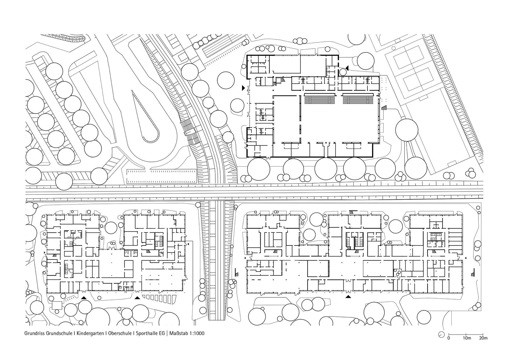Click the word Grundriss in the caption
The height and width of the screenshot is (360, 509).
pos(35,333)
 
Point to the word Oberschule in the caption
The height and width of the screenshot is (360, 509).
pos(120,333)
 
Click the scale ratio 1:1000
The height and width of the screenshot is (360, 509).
pos(197,333)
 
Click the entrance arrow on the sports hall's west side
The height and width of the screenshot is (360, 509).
pos(243,88)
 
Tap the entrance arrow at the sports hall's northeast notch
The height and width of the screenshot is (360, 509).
pos(347,68)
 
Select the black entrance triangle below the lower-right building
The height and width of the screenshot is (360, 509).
pos(348,296)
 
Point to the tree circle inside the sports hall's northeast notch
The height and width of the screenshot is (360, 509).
pos(343,72)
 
